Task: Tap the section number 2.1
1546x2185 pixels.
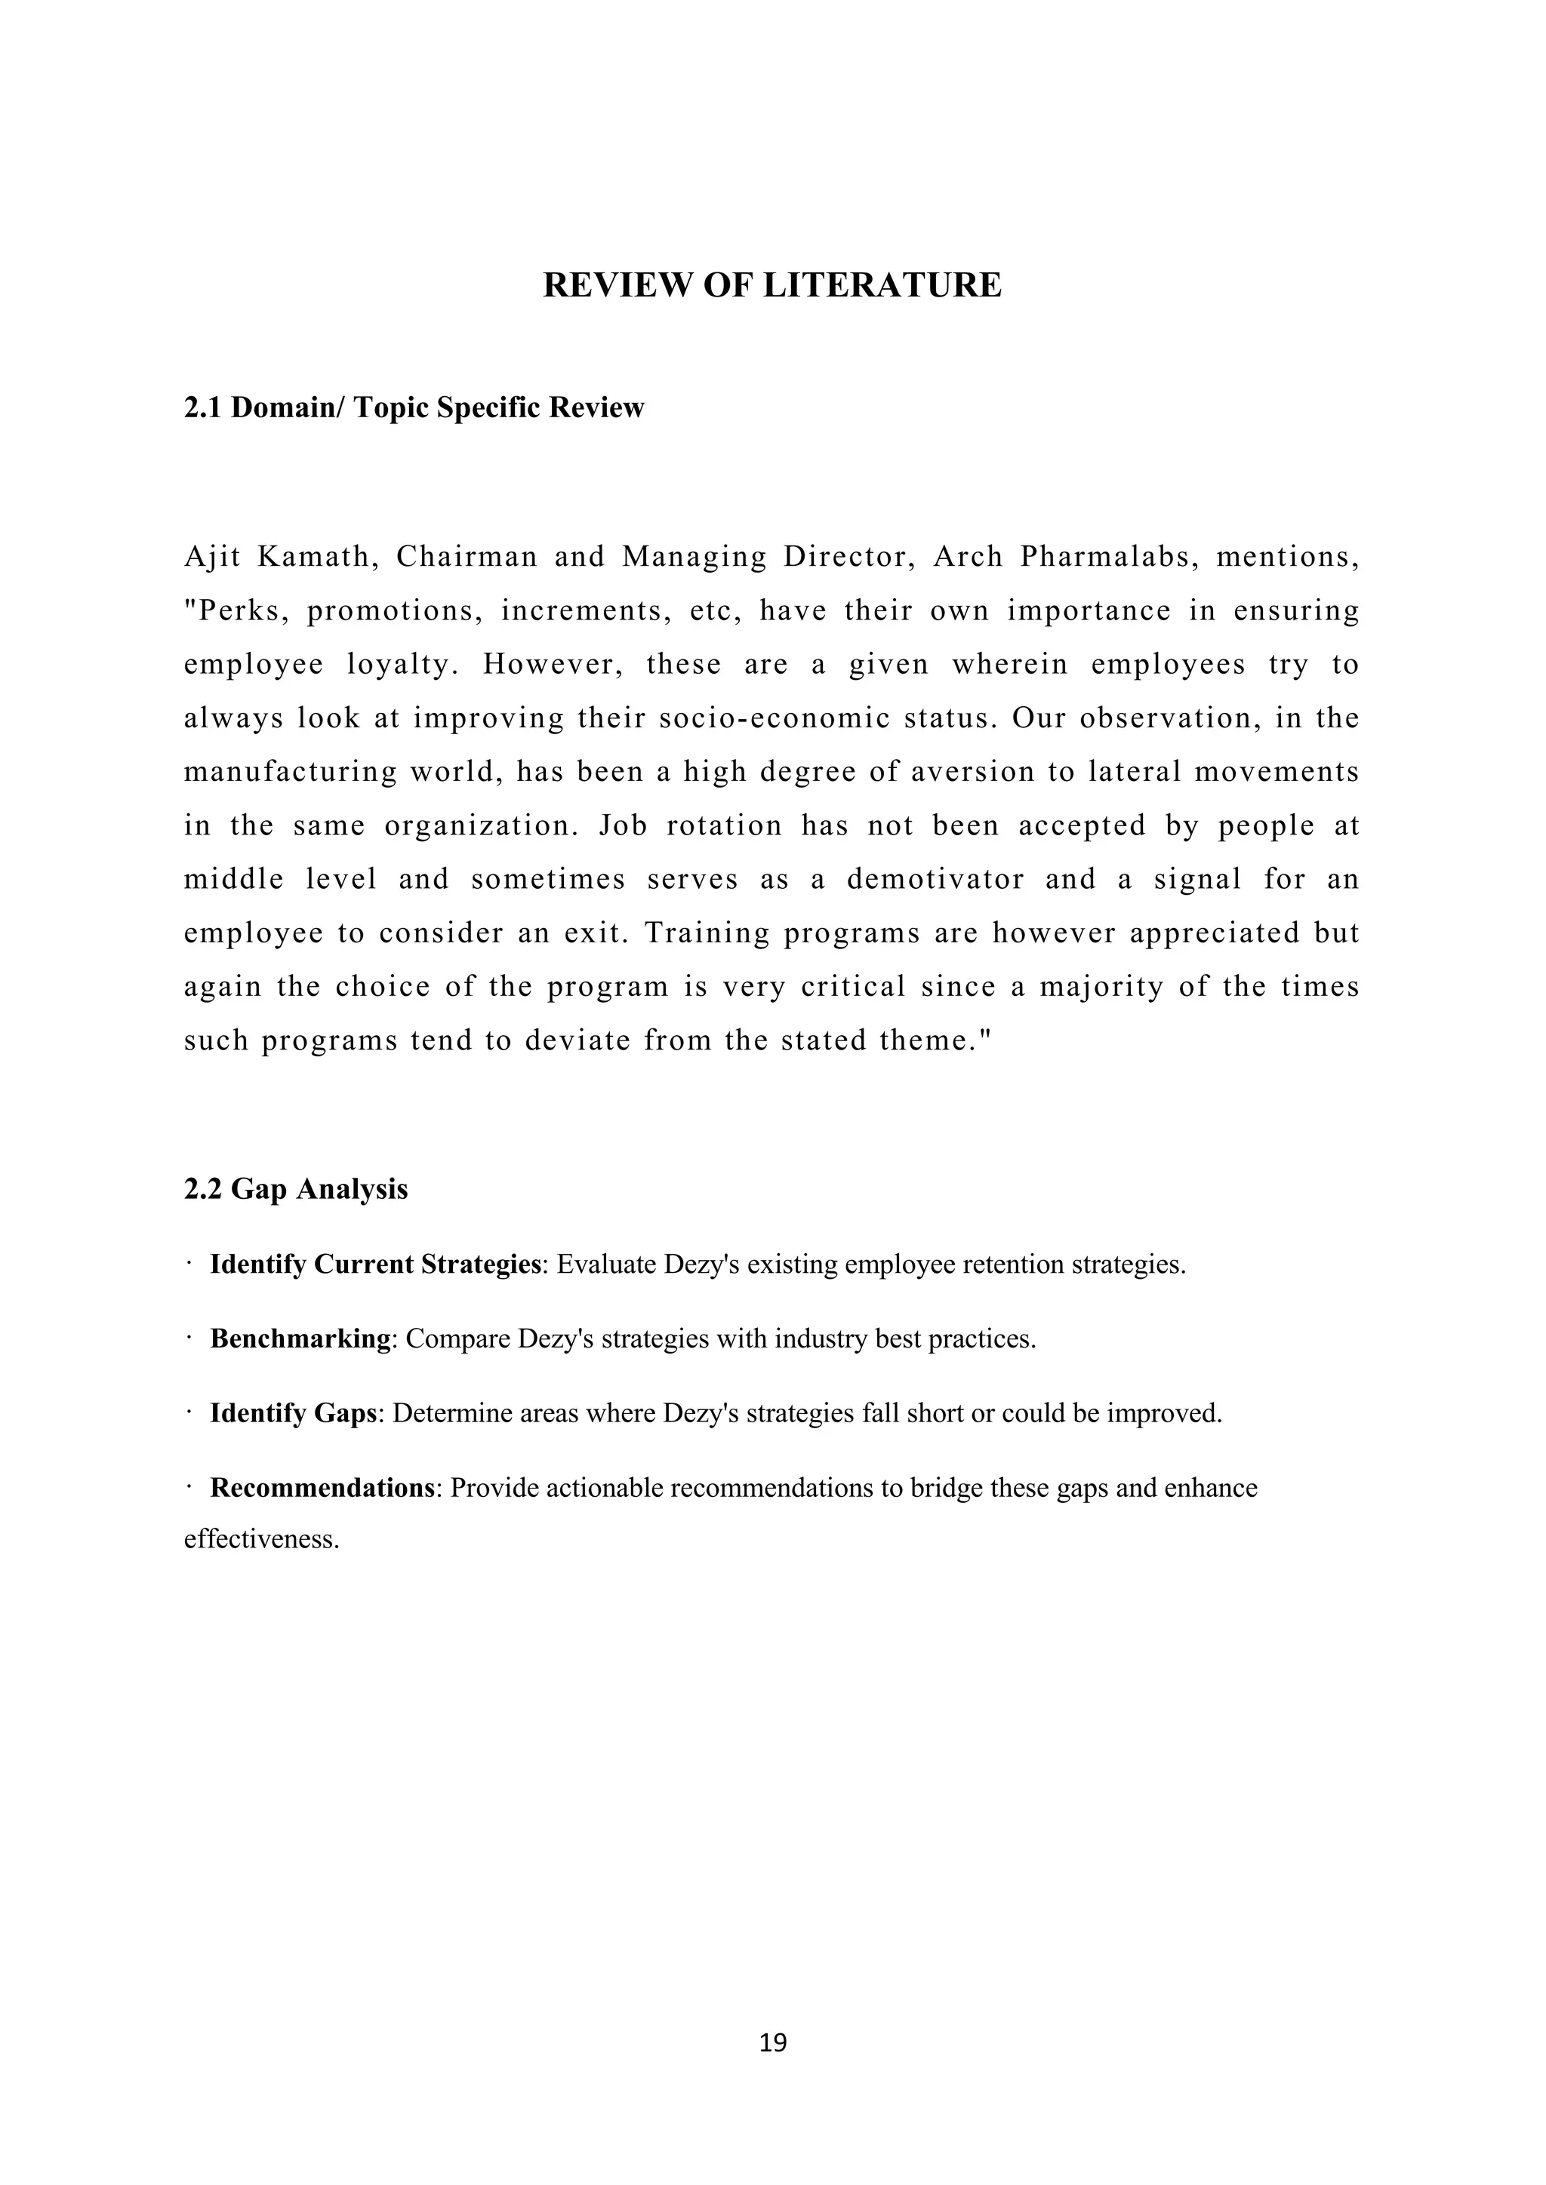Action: (203, 408)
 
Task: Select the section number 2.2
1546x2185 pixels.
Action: (203, 1190)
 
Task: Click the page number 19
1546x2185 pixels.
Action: (773, 2043)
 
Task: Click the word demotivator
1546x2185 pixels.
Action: (936, 878)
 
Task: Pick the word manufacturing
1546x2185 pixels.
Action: (291, 772)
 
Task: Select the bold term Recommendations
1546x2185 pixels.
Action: (322, 1487)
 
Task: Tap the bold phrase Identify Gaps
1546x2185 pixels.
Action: (293, 1413)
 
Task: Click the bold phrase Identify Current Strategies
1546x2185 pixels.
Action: (375, 1265)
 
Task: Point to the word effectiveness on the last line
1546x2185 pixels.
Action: (261, 1539)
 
